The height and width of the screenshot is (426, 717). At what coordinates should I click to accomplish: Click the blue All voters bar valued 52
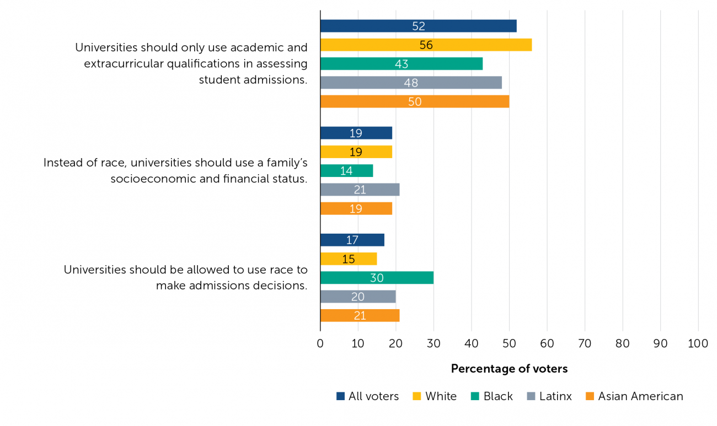coord(418,26)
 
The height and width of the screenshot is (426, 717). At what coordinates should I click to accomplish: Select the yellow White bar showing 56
coord(426,45)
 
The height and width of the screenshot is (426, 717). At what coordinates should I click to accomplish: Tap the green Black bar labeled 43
coord(401,64)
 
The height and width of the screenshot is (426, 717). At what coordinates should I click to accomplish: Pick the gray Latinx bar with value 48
coord(411,83)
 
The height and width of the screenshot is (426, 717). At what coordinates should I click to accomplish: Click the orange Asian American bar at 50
coord(414,101)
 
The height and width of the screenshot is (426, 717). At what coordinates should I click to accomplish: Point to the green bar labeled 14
coord(346,171)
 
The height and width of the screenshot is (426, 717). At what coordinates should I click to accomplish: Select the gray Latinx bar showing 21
coord(360,190)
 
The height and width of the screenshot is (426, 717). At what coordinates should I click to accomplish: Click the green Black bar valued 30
coord(377,278)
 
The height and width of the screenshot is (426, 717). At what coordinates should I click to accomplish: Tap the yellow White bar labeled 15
coord(348,259)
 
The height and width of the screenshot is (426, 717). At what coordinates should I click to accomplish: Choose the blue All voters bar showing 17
coord(352,240)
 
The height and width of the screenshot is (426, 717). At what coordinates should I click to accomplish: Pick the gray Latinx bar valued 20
coord(358,296)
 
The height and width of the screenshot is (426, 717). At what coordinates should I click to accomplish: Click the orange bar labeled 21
coord(360,316)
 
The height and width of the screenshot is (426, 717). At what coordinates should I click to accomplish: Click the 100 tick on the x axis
coord(698,343)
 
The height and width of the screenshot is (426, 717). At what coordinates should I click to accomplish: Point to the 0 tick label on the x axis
coord(320,343)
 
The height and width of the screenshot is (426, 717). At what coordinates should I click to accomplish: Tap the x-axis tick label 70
coord(585,343)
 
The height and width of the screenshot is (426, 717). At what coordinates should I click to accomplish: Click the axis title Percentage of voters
coord(509,369)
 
